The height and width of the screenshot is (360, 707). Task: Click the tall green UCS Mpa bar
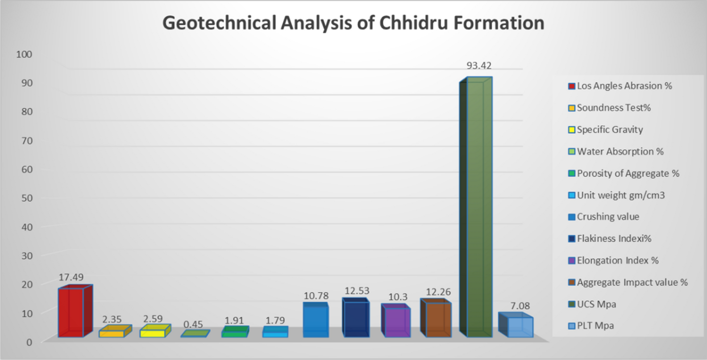click(478, 208)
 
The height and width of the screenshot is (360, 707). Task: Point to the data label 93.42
click(479, 66)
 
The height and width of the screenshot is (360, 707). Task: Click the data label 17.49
click(71, 277)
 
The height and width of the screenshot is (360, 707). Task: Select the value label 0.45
click(193, 324)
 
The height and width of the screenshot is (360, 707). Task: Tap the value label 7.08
click(520, 306)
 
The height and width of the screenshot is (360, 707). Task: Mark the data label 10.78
click(316, 296)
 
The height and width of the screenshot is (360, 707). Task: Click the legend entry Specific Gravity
click(610, 130)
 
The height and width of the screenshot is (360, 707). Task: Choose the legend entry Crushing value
click(608, 217)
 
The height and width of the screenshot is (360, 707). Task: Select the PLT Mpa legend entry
click(595, 326)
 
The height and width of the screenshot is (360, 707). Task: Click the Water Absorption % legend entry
click(620, 151)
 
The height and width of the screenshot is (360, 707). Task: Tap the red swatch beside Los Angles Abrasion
click(571, 86)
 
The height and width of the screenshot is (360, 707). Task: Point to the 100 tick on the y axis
click(24, 54)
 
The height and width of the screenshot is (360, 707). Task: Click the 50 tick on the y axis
click(27, 198)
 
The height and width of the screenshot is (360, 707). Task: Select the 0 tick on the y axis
click(29, 342)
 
